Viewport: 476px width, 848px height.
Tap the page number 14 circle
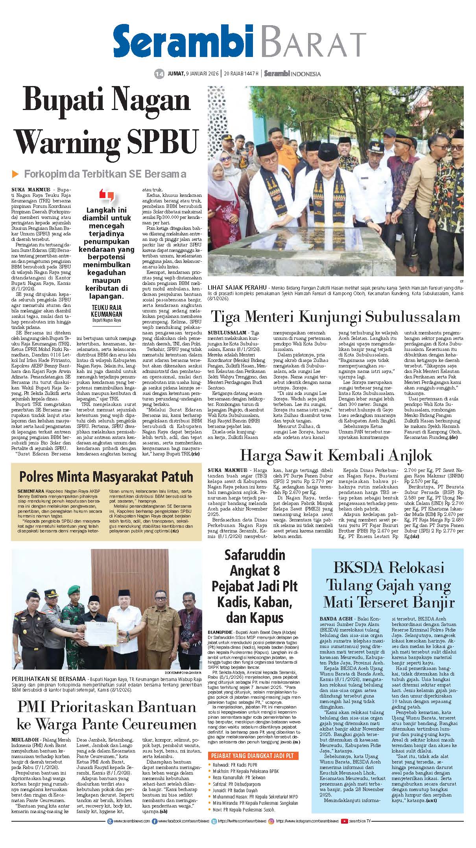(159, 73)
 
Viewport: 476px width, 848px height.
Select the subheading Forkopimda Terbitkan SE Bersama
(105, 174)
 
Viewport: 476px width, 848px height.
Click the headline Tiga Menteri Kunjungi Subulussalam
(336, 316)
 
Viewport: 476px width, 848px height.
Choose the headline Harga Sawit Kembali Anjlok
(336, 455)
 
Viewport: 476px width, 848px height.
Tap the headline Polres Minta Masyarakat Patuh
(106, 476)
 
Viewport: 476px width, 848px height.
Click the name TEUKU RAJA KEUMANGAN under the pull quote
(106, 310)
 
